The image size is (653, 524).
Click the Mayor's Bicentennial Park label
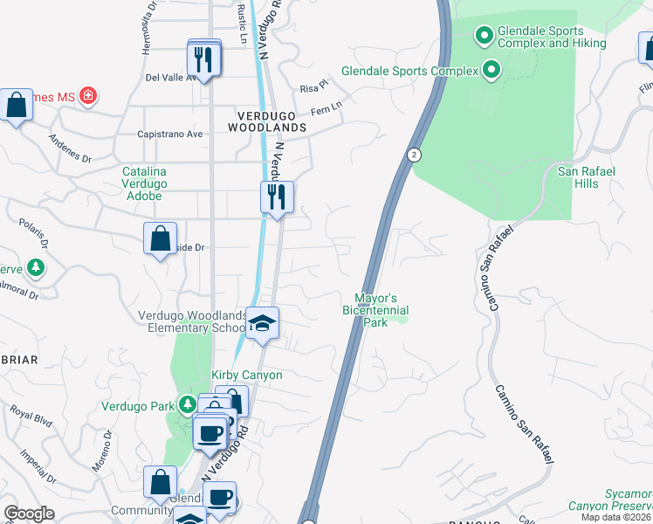pyautogui.click(x=375, y=310)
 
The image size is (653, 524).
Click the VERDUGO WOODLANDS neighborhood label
pyautogui.click(x=268, y=121)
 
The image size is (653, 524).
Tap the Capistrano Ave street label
pyautogui.click(x=170, y=134)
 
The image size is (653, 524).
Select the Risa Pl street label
pyautogui.click(x=313, y=88)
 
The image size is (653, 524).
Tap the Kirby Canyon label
pyautogui.click(x=247, y=375)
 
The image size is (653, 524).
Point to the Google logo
pyautogui.click(x=29, y=514)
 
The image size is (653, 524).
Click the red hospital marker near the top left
pyautogui.click(x=87, y=95)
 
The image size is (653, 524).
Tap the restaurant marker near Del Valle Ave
pyautogui.click(x=204, y=59)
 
